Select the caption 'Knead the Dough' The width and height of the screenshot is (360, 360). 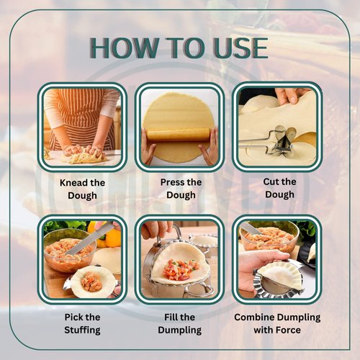point(82,189)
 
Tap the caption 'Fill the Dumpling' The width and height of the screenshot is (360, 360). point(179,323)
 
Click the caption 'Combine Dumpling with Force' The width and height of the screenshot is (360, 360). point(277,323)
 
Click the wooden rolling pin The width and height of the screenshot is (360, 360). point(179,135)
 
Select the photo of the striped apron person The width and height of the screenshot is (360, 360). point(81,125)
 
